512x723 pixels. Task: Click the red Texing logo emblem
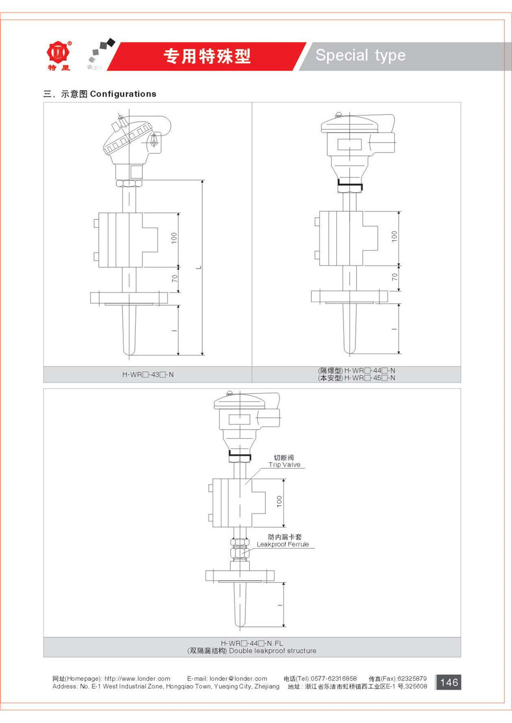pos(58,52)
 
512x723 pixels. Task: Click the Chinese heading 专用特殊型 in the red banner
pos(207,56)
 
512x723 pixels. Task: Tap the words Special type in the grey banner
pos(360,55)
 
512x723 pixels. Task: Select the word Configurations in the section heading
pos(123,94)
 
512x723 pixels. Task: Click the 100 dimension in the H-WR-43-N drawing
pos(174,238)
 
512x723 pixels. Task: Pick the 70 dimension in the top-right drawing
pos(394,277)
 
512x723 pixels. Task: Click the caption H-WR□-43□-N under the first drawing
pos(148,375)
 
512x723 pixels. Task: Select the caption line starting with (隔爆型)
pos(356,371)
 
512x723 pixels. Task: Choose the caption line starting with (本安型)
pos(356,378)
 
